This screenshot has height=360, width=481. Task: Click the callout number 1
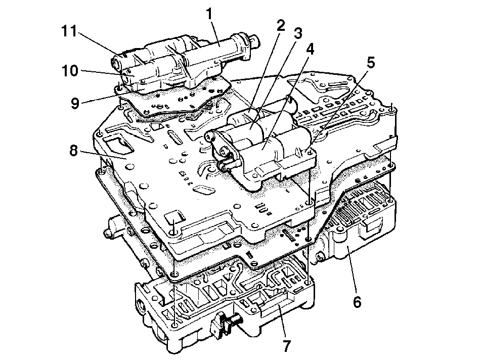point(209,14)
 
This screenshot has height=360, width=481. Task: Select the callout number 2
point(280,26)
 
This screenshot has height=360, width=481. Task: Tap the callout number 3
point(297,33)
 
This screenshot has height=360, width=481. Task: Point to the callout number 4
point(310,49)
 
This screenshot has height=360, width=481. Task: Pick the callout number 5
point(371,63)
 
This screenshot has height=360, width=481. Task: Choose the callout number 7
point(286,346)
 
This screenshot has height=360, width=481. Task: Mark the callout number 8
point(74,150)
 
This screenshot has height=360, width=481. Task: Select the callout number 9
point(75,103)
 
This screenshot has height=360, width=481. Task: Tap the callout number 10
point(70,71)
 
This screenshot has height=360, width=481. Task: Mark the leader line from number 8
point(103,155)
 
